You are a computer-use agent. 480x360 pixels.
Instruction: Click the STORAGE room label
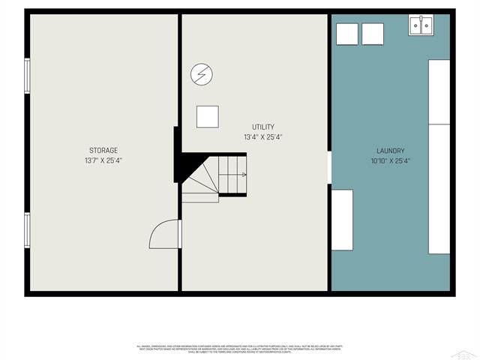pos(103,151)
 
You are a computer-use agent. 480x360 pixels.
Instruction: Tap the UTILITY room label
pos(262,127)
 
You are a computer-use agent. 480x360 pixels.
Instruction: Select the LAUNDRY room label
pos(390,151)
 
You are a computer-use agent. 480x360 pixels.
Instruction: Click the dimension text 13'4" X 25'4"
pos(262,137)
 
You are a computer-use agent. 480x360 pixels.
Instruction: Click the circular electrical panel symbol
pos(201,73)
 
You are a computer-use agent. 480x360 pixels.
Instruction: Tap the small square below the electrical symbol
pos(208,116)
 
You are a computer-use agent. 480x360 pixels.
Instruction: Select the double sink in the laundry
pos(420,25)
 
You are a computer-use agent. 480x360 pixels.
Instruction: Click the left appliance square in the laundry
pos(346,34)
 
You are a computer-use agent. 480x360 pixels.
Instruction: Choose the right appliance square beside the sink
pos(373,34)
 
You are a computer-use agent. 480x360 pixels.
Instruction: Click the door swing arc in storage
pos(163,234)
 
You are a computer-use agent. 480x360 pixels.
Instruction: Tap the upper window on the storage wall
pos(27,76)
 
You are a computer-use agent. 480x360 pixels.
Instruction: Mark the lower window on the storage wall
pos(27,230)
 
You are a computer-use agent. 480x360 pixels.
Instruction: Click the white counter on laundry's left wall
pos(342,220)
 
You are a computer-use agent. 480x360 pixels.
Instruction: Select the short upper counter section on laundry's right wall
pos(439,91)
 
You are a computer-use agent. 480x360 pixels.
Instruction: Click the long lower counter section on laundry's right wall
pos(439,189)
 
